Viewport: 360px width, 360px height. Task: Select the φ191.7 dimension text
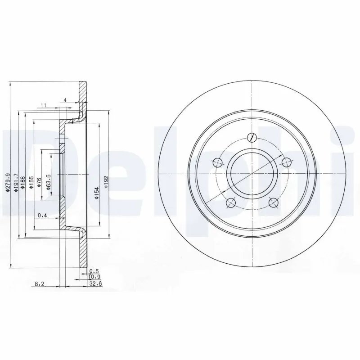[15, 183]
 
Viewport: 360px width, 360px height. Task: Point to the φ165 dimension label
[31, 183]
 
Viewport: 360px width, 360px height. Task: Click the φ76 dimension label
[39, 183]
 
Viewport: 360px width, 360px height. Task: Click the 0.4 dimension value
[43, 215]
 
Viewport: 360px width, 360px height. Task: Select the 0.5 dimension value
[94, 271]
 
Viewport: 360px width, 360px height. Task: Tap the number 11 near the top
[44, 105]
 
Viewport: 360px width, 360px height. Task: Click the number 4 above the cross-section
[65, 100]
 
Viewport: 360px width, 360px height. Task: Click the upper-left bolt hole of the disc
[219, 162]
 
